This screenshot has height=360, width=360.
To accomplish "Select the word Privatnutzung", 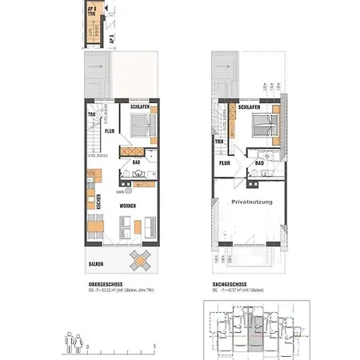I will pos(252,202).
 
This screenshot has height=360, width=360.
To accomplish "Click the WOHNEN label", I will pos(128,206).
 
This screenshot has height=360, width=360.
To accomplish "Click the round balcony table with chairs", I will pos(142,261).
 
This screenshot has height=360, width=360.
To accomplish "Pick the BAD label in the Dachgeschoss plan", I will pos(259,163).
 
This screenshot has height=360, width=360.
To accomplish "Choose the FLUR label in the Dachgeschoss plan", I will pos(226,163).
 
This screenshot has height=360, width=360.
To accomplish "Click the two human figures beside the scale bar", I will pos(73,341).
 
